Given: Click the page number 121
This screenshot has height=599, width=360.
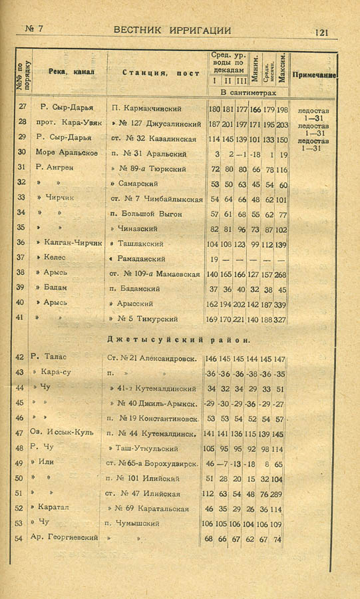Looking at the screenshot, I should point(321,31).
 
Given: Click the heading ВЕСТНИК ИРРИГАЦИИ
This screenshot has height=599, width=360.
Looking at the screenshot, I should point(172,30).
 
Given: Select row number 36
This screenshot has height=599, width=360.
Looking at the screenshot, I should point(21,243).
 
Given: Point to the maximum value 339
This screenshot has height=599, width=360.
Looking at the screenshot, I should point(281,303).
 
